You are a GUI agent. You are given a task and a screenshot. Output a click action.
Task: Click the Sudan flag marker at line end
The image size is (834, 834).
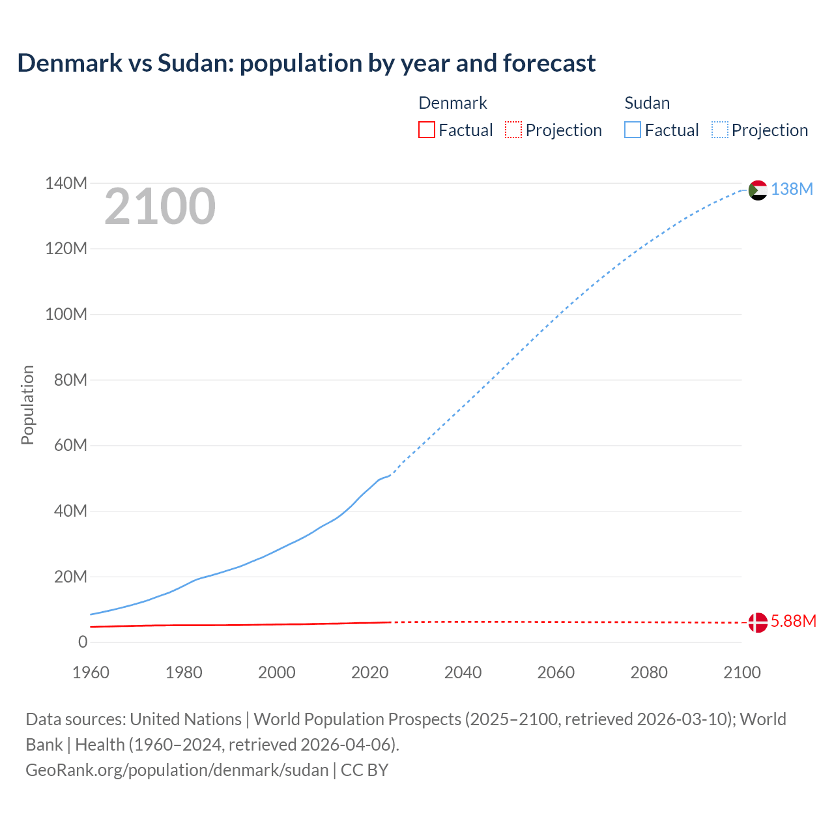[x=758, y=190]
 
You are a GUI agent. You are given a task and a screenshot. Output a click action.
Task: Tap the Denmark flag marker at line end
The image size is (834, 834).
[x=758, y=622]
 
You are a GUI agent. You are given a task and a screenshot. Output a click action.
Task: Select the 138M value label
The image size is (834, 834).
[x=792, y=189]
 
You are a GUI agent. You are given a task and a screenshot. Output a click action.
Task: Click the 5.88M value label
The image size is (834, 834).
[x=793, y=621]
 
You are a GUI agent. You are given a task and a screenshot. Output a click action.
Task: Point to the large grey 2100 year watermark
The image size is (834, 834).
[x=160, y=207]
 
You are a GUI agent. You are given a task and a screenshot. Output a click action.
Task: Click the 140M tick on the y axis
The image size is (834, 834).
[x=66, y=184]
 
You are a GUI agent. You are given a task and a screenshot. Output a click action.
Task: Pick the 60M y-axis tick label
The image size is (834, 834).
[x=70, y=446]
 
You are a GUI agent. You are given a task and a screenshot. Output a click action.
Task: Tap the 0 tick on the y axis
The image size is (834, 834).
[x=82, y=642]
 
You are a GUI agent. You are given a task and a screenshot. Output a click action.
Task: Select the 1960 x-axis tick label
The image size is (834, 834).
[x=91, y=672]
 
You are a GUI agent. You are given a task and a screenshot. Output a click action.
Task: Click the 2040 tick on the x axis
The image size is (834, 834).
[x=463, y=672]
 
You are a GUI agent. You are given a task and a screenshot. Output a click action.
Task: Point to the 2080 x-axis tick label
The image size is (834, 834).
[x=649, y=672]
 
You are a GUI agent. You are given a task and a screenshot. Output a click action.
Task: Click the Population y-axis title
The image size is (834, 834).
[x=27, y=405]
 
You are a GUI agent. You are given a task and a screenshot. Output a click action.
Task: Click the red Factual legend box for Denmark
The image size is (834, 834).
[x=427, y=130]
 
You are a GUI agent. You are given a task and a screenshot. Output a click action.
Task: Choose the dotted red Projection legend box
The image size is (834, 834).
[x=513, y=130]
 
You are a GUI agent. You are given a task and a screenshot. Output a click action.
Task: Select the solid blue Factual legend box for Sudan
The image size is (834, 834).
[x=633, y=130]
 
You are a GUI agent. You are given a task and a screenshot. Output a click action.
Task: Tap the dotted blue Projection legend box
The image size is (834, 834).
[x=720, y=130]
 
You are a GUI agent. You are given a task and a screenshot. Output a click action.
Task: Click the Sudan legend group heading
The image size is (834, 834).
[x=647, y=103]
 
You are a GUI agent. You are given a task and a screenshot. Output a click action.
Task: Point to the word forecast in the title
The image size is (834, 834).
[x=549, y=63]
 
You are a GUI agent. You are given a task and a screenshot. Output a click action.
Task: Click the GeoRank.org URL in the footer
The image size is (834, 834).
[x=177, y=770]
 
